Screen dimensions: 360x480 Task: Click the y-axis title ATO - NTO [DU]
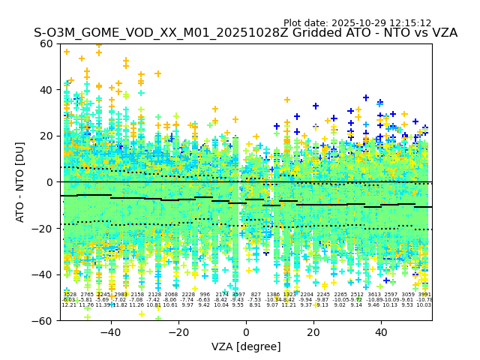pos(21,181)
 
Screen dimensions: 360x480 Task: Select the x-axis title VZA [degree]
pos(246,346)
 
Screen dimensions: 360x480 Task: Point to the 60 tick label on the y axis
pos(46,43)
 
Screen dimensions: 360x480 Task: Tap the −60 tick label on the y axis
pos(43,320)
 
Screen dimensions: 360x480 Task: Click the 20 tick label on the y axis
pos(46,136)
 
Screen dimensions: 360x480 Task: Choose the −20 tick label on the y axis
pos(43,228)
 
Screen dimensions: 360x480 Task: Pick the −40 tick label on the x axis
pos(110,331)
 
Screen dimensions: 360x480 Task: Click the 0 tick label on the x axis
pos(246,331)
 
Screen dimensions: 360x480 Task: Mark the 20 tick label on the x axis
pos(313,331)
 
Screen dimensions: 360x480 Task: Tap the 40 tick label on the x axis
pos(381,331)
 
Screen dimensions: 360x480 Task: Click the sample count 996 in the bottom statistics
pos(205,295)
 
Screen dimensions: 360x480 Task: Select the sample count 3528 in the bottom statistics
pos(69,295)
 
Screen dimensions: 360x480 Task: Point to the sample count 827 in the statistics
pos(256,295)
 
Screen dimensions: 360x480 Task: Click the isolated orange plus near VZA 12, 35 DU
pos(286,100)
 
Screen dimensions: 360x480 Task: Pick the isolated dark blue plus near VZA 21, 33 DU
pos(316,106)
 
